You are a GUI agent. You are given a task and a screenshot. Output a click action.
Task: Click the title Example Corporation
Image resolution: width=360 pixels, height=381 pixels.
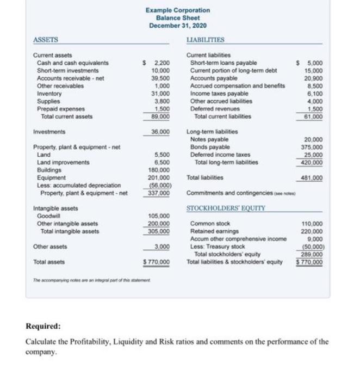(177, 10)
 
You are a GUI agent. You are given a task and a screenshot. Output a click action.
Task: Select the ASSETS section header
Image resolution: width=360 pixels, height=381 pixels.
(46, 39)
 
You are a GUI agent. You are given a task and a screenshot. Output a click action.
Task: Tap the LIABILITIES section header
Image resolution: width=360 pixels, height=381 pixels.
(204, 39)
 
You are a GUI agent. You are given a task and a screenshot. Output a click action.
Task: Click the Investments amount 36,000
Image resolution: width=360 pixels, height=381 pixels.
(160, 132)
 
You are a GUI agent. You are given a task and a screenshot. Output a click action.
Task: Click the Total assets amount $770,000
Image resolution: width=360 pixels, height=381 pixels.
(157, 262)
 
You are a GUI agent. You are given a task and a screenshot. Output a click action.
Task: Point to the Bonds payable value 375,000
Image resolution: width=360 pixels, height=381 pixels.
(313, 147)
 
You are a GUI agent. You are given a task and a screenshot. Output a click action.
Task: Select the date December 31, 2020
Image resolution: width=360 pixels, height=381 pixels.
(177, 26)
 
